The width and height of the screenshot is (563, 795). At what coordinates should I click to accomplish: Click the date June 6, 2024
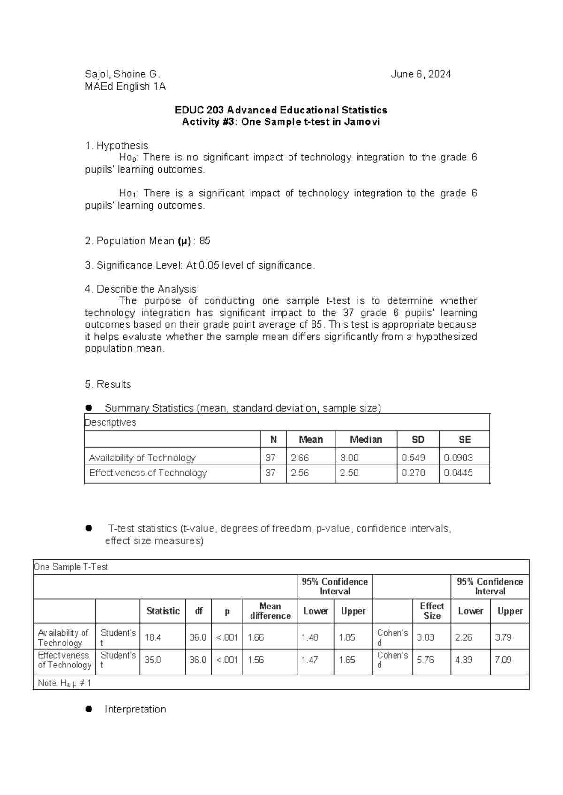pos(421,74)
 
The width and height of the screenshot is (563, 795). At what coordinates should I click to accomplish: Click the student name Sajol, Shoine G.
pos(122,74)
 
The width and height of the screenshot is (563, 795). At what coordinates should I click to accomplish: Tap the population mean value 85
pos(205,241)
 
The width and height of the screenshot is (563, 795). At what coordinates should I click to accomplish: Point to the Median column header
pos(366,440)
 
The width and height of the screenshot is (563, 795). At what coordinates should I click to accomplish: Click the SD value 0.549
pos(413,458)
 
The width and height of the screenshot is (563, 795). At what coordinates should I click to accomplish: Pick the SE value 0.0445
pos(458,473)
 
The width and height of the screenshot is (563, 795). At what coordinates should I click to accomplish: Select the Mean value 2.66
pos(300,458)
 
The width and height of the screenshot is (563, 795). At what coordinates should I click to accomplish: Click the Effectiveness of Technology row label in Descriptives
pos(148,473)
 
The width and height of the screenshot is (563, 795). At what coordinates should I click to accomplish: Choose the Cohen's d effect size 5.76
pos(426,660)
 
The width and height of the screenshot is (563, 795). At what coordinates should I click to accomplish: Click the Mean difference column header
pos(270,611)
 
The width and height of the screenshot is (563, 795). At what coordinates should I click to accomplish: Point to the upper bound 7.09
pos(503,660)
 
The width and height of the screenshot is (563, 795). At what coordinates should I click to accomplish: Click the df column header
pos(198,611)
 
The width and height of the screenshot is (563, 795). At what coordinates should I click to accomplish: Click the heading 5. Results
pos(108,384)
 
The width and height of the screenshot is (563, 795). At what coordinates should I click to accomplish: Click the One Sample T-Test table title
pos(71,567)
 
